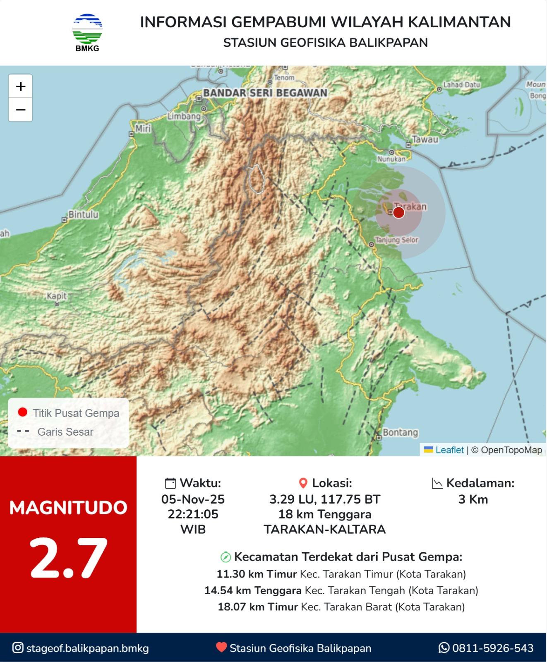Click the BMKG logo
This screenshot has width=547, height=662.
(x=87, y=33)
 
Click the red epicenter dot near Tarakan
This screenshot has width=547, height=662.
(x=398, y=213)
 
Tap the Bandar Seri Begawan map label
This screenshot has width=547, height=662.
(x=265, y=93)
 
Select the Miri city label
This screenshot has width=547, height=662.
(x=143, y=129)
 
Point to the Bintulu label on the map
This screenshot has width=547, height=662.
(x=83, y=214)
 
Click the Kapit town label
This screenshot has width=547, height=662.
(x=57, y=296)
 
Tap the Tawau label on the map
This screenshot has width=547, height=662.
(x=425, y=139)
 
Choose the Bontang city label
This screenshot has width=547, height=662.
(x=400, y=432)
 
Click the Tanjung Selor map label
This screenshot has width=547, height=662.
(x=396, y=240)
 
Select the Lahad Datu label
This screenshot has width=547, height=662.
(x=461, y=84)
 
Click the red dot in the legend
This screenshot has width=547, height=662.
(x=23, y=412)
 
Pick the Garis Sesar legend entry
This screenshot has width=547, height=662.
(x=65, y=432)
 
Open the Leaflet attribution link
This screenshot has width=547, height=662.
(x=449, y=450)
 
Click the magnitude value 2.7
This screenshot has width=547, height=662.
(x=68, y=559)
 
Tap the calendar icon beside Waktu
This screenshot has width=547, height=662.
(x=170, y=483)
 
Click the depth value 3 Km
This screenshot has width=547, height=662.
(x=473, y=499)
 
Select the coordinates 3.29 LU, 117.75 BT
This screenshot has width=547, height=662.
(x=324, y=499)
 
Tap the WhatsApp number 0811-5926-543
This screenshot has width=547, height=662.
(x=492, y=648)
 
